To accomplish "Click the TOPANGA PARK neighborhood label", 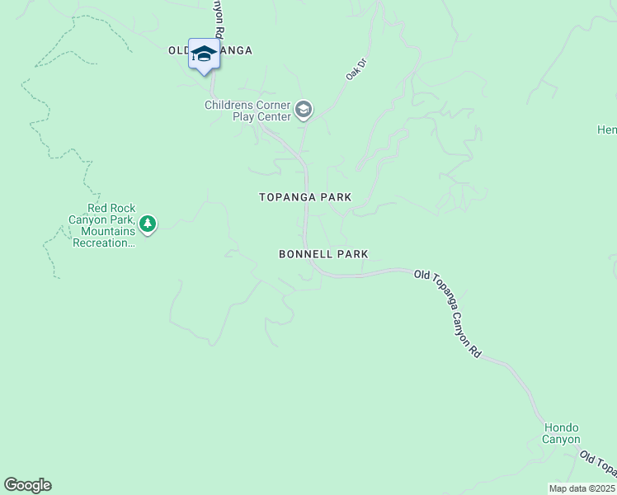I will (305, 197).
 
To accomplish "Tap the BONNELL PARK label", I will (323, 254).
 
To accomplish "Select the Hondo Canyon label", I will (561, 433).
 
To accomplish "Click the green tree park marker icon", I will (148, 224).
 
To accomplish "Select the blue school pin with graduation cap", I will (204, 55).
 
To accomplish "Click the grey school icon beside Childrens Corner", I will (304, 111).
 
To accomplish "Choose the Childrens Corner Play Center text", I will (248, 111).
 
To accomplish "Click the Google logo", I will (27, 485).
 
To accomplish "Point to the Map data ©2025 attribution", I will (582, 488).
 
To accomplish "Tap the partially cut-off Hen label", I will (607, 130).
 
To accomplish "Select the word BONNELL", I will (304, 254).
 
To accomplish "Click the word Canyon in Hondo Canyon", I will (561, 440).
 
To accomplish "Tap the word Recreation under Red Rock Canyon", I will (102, 243).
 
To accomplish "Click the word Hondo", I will (561, 427).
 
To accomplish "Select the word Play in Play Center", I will (247, 116).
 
